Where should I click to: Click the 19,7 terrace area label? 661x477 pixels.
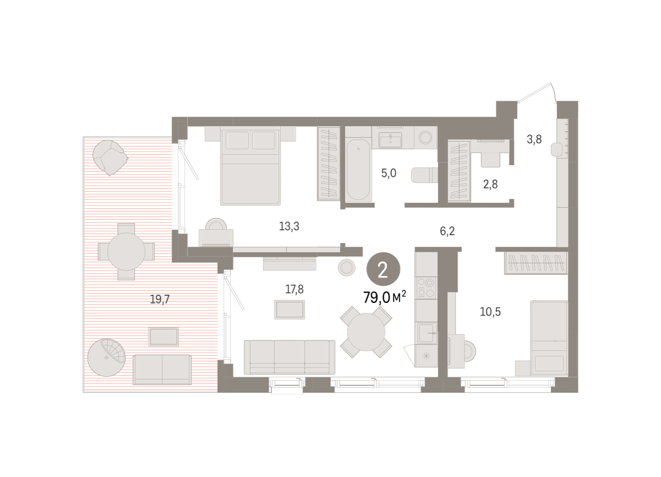(x=160, y=300)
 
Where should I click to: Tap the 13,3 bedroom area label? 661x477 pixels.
(x=289, y=226)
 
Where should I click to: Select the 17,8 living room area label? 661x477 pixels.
(x=294, y=289)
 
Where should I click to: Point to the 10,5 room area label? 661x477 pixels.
(x=490, y=312)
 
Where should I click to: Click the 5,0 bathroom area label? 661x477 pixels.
(x=389, y=173)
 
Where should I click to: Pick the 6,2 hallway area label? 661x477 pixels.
(x=447, y=231)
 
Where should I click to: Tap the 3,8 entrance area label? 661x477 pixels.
(x=534, y=139)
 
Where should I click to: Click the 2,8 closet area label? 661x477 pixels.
(x=490, y=185)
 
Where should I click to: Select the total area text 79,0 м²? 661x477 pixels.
(x=384, y=297)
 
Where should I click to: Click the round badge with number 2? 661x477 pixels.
(x=383, y=269)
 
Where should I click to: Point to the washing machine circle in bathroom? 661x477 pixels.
(x=425, y=138)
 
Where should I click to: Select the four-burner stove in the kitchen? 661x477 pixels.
(x=426, y=288)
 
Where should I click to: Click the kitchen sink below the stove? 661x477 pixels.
(x=426, y=333)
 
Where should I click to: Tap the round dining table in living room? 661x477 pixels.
(x=366, y=332)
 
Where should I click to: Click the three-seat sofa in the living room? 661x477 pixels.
(x=290, y=357)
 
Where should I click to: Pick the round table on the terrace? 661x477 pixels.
(x=126, y=252)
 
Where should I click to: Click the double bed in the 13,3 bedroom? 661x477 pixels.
(x=250, y=166)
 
